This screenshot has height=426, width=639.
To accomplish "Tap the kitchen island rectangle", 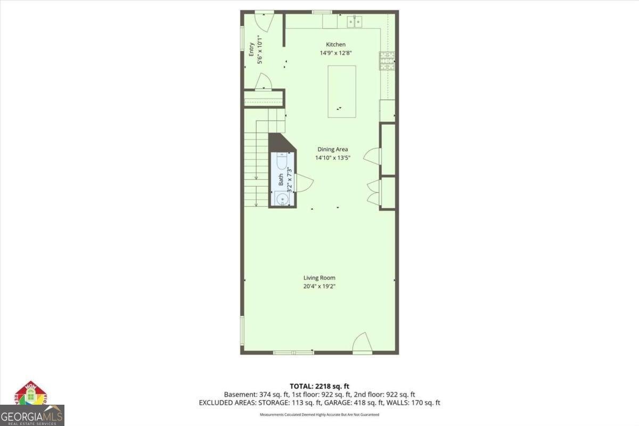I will pyautogui.click(x=341, y=91).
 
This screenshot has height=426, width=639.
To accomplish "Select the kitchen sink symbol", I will pyautogui.click(x=355, y=21).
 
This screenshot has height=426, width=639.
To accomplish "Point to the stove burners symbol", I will pyautogui.click(x=387, y=61).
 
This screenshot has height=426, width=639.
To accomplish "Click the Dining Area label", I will pyautogui.click(x=332, y=150).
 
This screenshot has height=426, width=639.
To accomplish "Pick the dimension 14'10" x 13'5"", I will pyautogui.click(x=332, y=158).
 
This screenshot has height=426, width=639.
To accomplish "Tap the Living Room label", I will pyautogui.click(x=319, y=277).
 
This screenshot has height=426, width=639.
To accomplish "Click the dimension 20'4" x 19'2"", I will pyautogui.click(x=319, y=286).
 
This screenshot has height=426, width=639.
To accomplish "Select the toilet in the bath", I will pyautogui.click(x=282, y=160).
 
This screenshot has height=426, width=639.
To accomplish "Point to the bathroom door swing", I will pyautogui.click(x=303, y=183).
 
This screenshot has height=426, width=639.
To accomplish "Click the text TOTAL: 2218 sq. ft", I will pyautogui.click(x=319, y=386).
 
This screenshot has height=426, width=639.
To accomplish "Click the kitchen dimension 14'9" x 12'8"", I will pyautogui.click(x=335, y=53).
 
